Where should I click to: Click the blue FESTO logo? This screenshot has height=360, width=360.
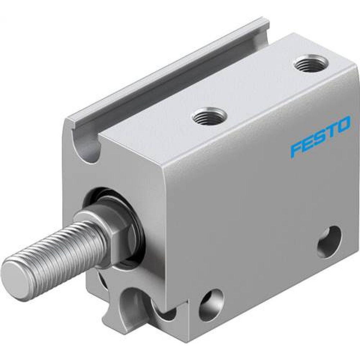click(320, 136)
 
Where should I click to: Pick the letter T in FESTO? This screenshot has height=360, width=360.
click(332, 130)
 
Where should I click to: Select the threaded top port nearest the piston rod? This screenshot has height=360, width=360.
click(209, 116)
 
